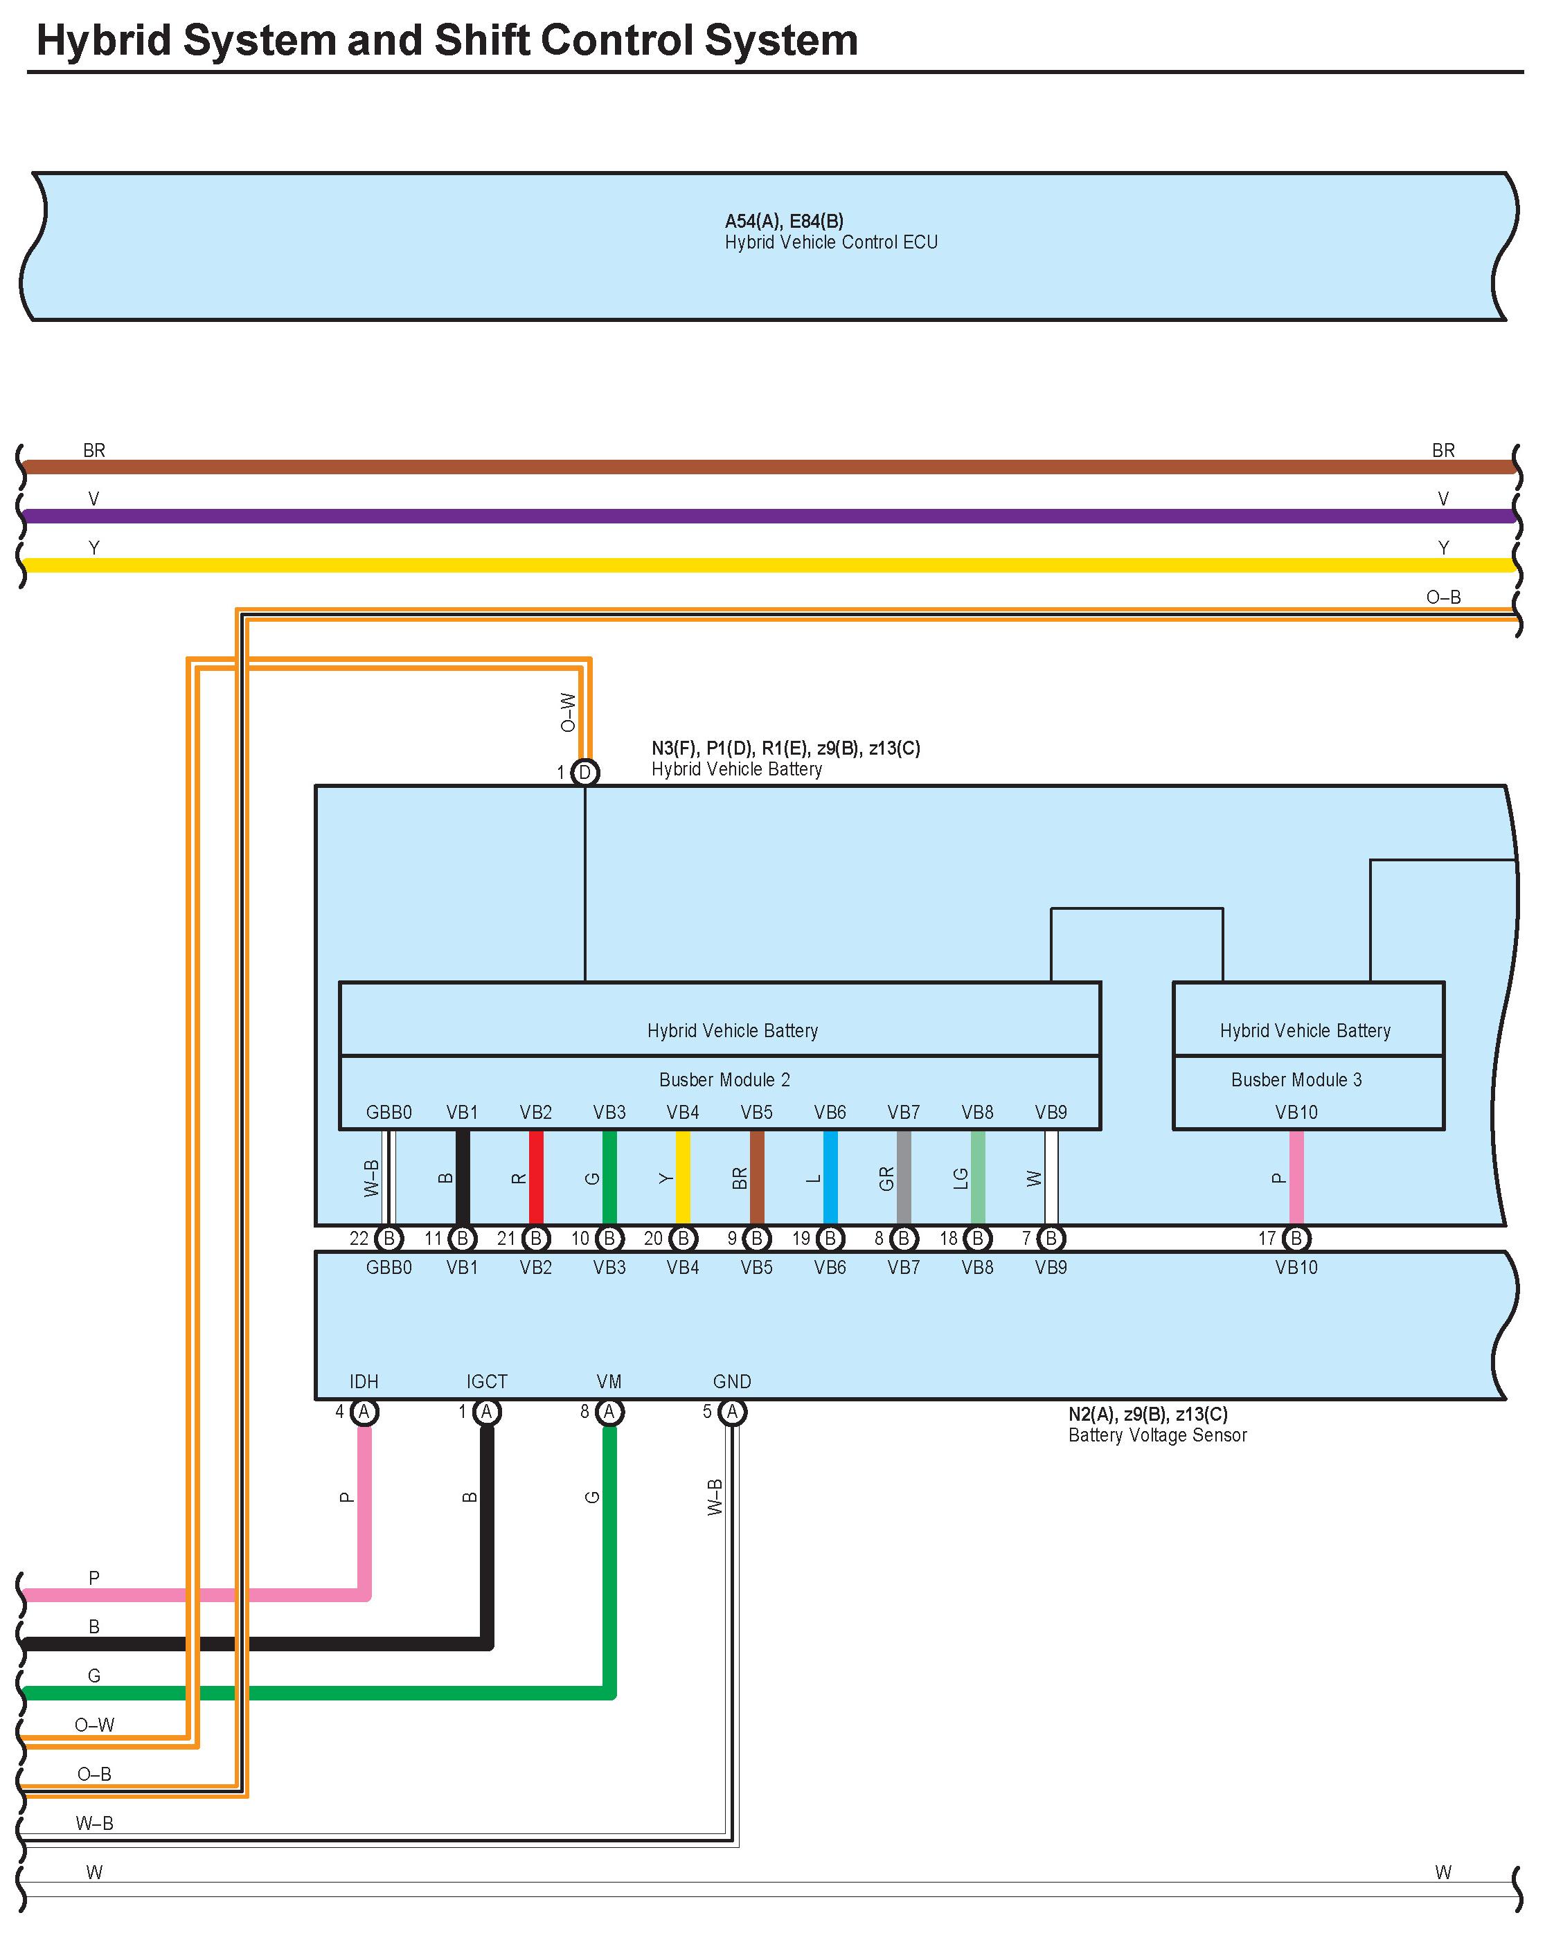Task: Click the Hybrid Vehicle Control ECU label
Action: (830, 242)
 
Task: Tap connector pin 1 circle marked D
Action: (585, 772)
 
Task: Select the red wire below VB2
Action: (536, 1177)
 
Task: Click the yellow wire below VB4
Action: (683, 1177)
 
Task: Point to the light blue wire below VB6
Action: (830, 1177)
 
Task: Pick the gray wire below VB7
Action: (904, 1177)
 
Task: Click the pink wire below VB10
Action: (1296, 1177)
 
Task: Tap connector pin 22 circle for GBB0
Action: (388, 1238)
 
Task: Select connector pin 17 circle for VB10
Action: (1296, 1238)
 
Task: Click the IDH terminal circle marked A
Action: (364, 1412)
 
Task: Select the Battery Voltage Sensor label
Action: (1157, 1435)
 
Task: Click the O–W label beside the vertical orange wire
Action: (567, 712)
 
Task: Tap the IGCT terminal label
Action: (487, 1381)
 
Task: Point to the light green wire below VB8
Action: (978, 1177)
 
